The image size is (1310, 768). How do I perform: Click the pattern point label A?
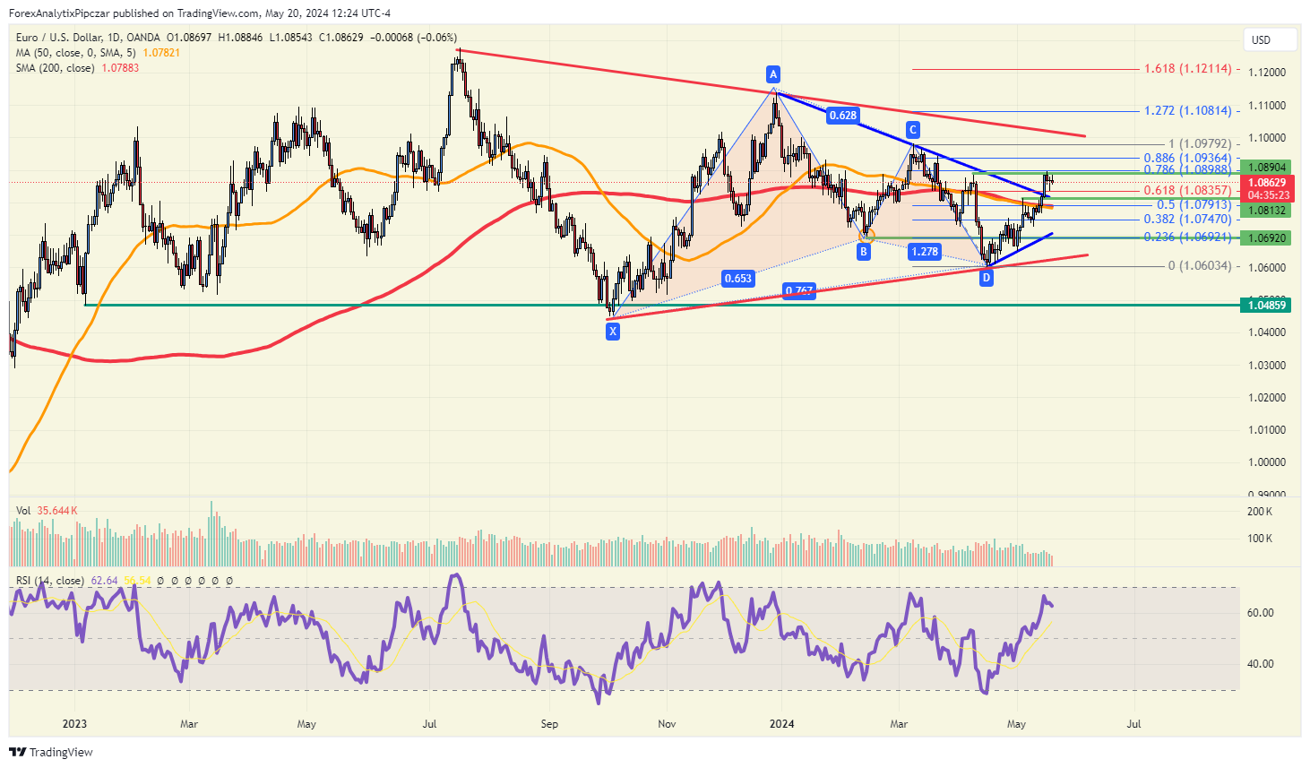773,74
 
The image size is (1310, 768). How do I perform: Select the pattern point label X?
613,332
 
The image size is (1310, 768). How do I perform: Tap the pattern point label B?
864,252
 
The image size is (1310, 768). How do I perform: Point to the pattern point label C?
913,130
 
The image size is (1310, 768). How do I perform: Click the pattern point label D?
987,278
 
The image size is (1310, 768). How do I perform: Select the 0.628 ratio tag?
842,115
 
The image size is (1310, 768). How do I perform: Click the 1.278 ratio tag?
925,252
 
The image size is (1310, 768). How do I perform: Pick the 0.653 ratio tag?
737,279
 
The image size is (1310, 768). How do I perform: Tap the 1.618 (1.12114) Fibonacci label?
1187,69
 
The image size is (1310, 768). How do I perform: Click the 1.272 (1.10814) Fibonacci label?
1187,111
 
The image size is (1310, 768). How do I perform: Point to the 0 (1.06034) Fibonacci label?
1199,266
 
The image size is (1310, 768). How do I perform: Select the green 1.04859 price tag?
1266,306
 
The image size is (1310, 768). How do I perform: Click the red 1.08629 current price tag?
1266,183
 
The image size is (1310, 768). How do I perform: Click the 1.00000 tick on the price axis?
1267,462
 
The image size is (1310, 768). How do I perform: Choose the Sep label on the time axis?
549,724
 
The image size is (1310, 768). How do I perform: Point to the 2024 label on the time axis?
782,724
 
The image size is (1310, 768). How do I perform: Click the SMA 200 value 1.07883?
120,68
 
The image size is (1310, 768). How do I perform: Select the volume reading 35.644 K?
57,511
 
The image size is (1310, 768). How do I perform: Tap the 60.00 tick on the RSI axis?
1261,613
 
